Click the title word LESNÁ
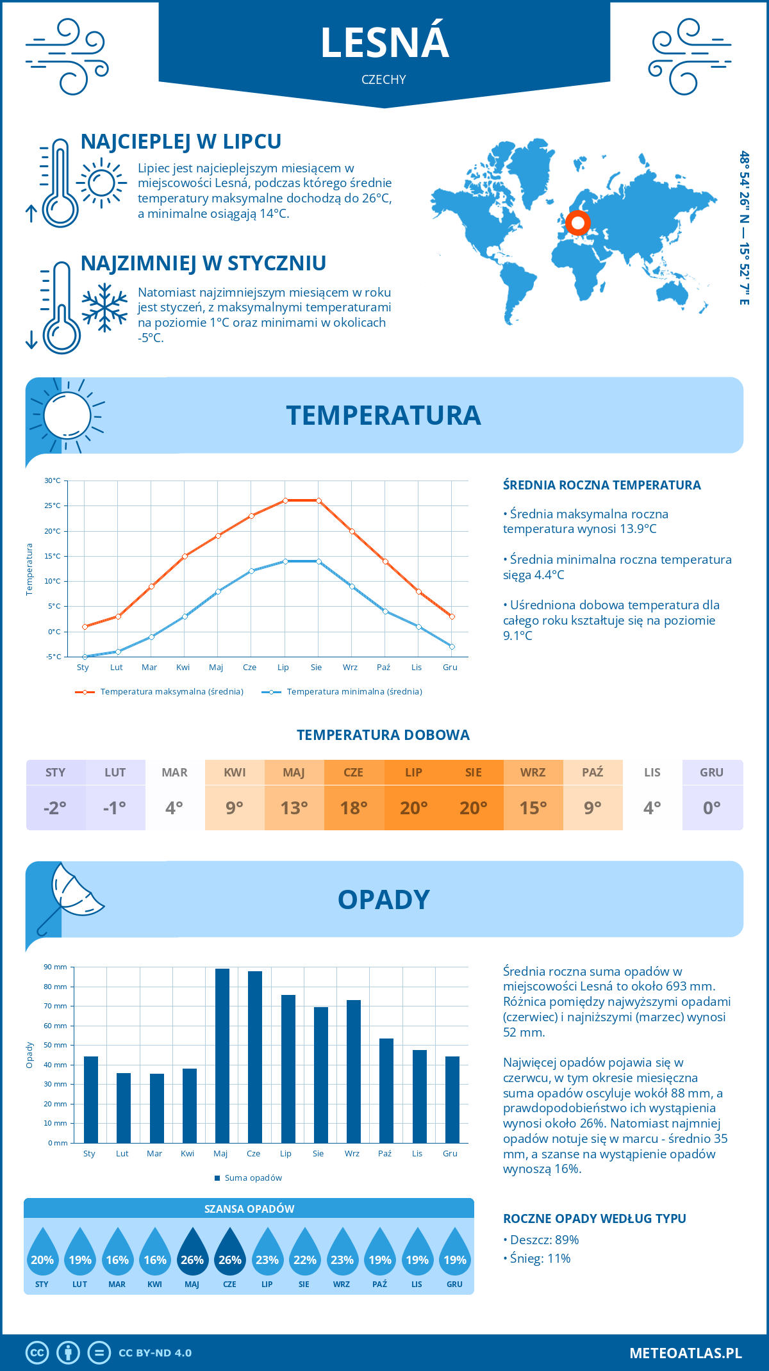384,42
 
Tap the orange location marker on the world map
578,223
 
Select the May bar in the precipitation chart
222,1056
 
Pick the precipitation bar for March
156,1108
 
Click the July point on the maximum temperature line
285,500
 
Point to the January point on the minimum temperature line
85,657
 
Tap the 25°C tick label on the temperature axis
53,505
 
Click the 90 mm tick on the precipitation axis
56,967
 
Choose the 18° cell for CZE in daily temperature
354,808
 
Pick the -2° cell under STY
55,808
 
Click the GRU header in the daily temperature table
712,773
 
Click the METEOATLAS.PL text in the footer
686,1353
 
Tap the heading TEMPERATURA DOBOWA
383,735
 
